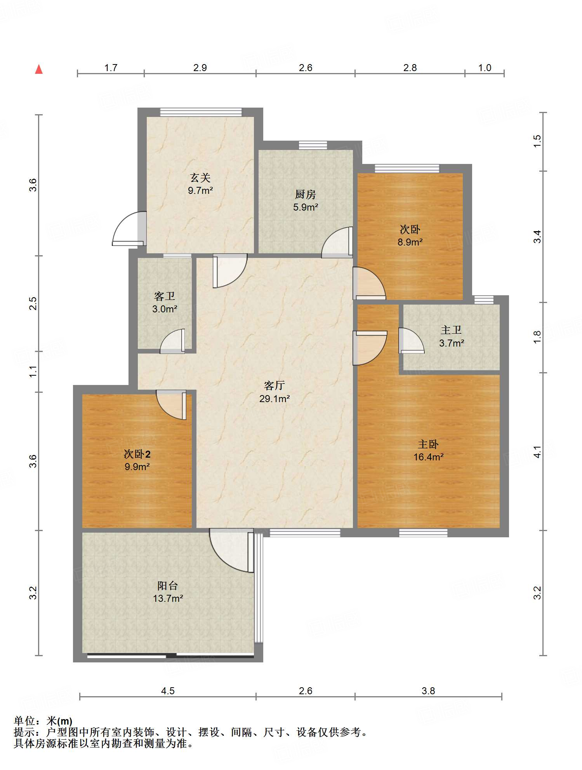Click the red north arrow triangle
(x=39, y=69)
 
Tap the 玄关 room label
(x=200, y=178)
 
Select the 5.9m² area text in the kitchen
(x=306, y=207)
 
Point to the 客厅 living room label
(x=274, y=385)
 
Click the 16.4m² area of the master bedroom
(x=428, y=457)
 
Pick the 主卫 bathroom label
(x=451, y=330)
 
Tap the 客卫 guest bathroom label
(x=165, y=296)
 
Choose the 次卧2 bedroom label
(x=137, y=453)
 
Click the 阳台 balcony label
(x=168, y=585)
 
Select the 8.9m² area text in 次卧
(x=410, y=242)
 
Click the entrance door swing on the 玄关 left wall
(x=129, y=228)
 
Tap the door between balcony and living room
(x=231, y=550)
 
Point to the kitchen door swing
(x=337, y=242)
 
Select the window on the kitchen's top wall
(x=313, y=145)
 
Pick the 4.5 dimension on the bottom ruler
(x=168, y=691)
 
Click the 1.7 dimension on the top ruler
(x=111, y=68)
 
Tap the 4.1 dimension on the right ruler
(x=537, y=451)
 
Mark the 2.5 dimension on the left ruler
(x=33, y=303)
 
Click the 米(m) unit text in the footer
(x=59, y=721)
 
